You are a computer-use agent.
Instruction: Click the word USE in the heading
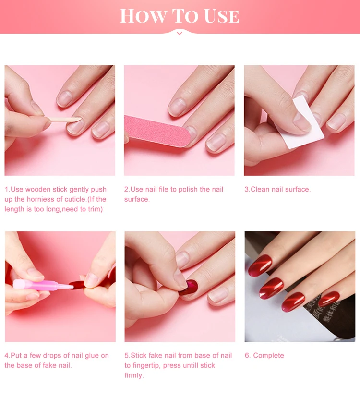pyautogui.click(x=221, y=16)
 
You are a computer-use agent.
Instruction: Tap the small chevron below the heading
pyautogui.click(x=180, y=33)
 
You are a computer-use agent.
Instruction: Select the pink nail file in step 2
pyautogui.click(x=157, y=131)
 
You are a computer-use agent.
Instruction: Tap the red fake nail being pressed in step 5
pyautogui.click(x=189, y=287)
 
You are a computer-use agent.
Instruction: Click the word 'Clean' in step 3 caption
pyautogui.click(x=260, y=189)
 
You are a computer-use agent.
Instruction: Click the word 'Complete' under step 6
pyautogui.click(x=268, y=356)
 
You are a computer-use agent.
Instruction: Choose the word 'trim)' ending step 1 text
pyautogui.click(x=96, y=209)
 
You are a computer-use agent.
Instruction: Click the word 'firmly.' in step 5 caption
pyautogui.click(x=134, y=375)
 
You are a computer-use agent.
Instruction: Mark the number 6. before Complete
pyautogui.click(x=248, y=356)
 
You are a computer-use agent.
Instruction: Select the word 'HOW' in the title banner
pyautogui.click(x=144, y=16)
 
